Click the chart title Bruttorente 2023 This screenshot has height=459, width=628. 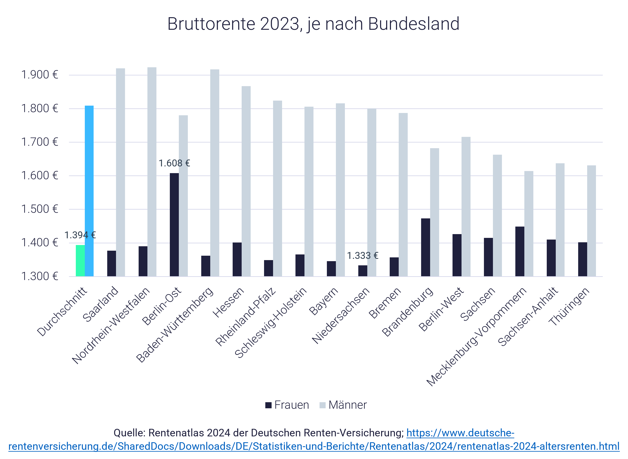click(x=313, y=24)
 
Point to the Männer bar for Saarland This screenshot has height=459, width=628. click(x=120, y=172)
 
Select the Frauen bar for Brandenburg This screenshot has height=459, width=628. click(x=425, y=247)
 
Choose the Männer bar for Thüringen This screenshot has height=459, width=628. click(x=591, y=221)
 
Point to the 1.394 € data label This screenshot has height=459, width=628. click(x=80, y=235)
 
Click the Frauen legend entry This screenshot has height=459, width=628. click(x=287, y=405)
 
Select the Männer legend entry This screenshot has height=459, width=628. click(x=343, y=405)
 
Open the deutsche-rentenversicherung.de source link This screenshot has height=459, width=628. click(x=314, y=446)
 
